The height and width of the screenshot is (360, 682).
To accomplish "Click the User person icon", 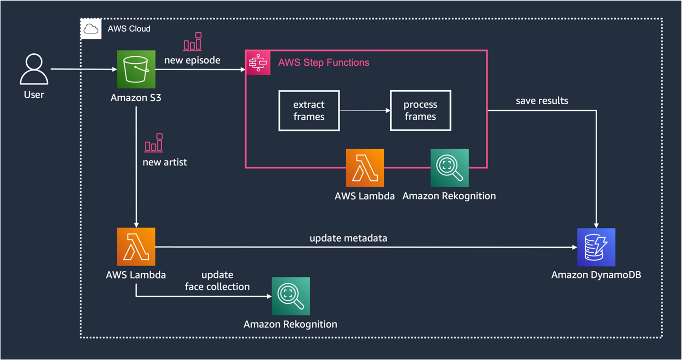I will [x=34, y=69].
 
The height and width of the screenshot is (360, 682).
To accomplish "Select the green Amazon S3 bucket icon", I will [x=136, y=69].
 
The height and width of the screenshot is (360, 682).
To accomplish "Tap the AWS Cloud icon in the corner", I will [x=91, y=29].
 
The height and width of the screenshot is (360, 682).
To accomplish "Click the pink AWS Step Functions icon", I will [x=258, y=62].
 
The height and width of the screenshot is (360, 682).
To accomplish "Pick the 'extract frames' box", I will [x=309, y=111].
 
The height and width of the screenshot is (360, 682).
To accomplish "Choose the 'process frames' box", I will [x=420, y=111].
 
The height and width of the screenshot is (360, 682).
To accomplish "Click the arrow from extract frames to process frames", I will [x=365, y=111].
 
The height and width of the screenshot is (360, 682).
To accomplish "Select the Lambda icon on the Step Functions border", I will [x=365, y=168].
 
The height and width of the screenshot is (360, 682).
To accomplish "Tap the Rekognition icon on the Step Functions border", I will [x=449, y=168].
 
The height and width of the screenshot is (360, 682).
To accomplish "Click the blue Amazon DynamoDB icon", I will [x=596, y=247].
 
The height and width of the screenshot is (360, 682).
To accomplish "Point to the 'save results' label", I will [x=542, y=101].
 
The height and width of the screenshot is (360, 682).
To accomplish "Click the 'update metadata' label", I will [x=348, y=238].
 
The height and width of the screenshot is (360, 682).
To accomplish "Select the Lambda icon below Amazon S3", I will [x=136, y=247].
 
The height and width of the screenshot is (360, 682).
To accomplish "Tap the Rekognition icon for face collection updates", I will [x=290, y=296].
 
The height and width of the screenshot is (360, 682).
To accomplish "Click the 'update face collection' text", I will [x=217, y=281].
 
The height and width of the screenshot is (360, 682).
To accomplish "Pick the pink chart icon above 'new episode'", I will [x=193, y=42].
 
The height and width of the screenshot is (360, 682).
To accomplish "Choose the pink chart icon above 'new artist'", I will [x=154, y=143].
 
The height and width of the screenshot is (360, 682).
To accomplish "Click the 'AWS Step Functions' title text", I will [x=323, y=62].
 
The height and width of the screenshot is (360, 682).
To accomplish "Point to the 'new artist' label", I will [x=165, y=162].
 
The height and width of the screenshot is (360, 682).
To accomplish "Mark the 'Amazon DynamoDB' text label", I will [x=596, y=275].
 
